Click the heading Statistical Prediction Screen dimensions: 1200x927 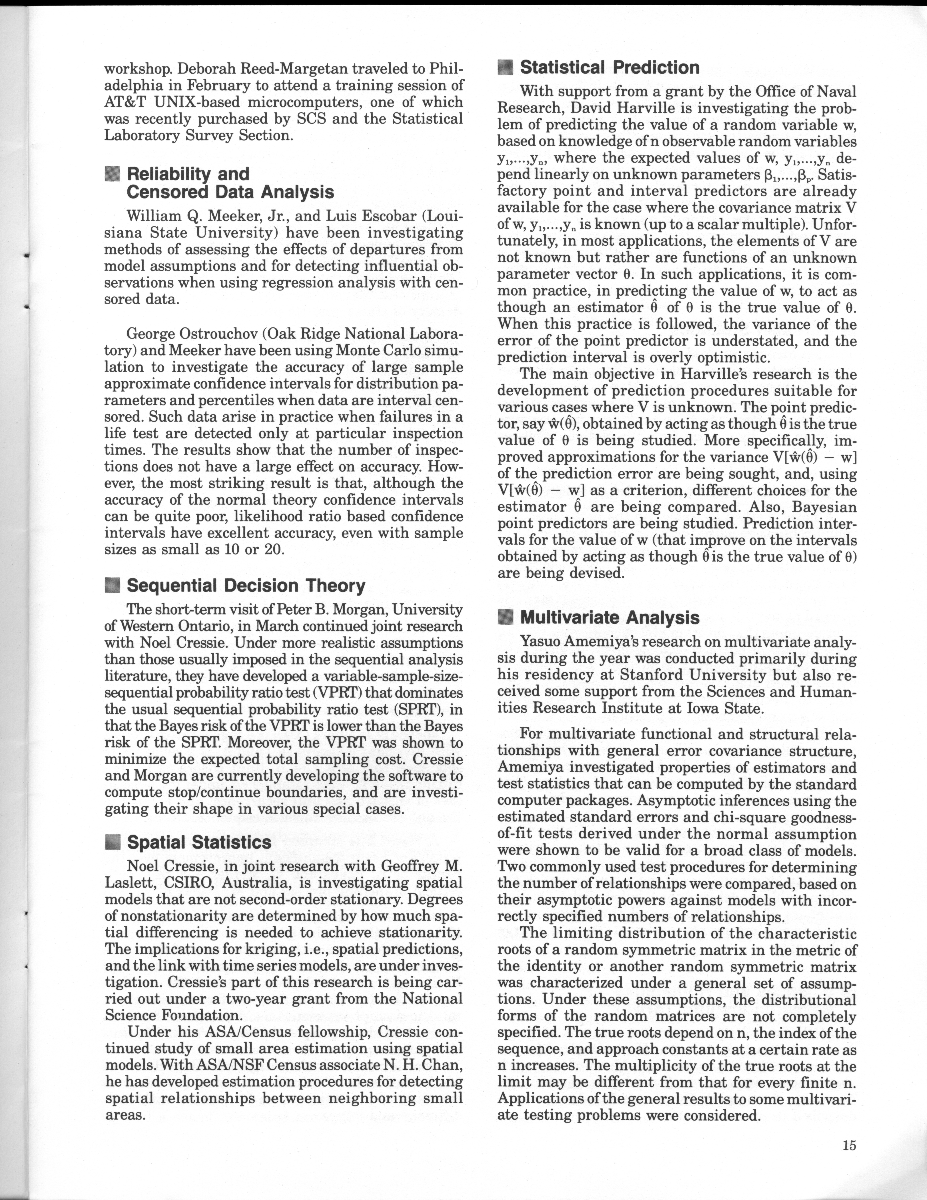click(x=610, y=68)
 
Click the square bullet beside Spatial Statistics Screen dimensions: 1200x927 click(x=113, y=842)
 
